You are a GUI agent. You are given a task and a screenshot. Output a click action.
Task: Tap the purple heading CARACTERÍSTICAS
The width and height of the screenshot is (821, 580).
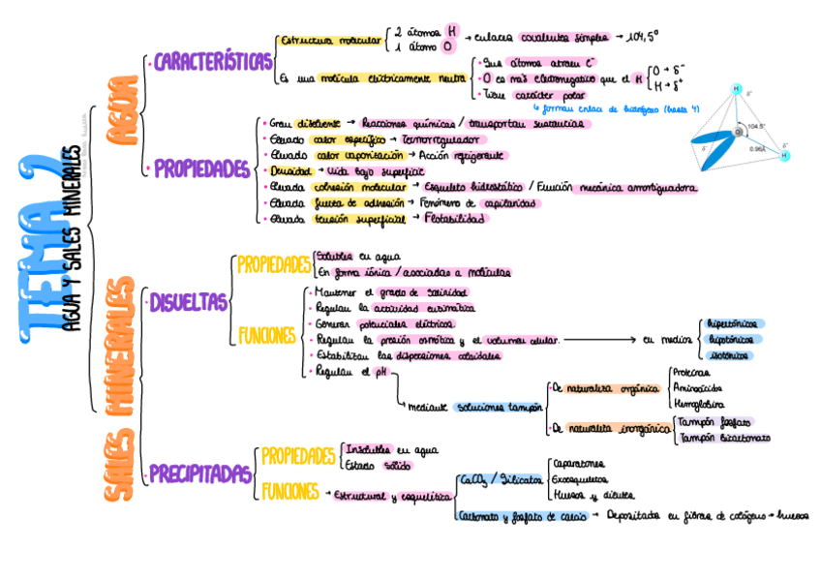click(213, 63)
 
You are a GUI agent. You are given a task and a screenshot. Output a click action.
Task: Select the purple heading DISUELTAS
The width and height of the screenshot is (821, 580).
click(188, 303)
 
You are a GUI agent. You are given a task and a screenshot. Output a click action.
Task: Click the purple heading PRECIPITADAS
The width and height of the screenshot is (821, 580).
click(199, 474)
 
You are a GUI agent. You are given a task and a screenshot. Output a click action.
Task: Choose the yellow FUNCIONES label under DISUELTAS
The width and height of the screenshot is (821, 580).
click(267, 336)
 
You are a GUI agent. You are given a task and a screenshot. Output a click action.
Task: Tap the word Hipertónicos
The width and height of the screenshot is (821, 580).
click(733, 323)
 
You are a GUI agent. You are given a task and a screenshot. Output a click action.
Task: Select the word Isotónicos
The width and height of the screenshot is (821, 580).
click(728, 355)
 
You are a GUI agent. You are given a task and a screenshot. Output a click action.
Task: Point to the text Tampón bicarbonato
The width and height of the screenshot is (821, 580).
click(725, 438)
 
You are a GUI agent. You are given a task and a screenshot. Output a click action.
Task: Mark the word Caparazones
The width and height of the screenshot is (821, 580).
click(577, 464)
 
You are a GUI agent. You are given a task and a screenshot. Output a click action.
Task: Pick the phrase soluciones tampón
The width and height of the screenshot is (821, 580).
click(500, 408)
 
